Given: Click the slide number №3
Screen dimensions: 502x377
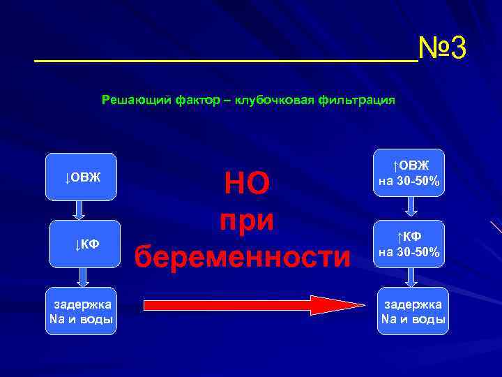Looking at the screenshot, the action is [x=442, y=50].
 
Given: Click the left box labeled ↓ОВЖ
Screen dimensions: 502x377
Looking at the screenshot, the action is [x=83, y=177].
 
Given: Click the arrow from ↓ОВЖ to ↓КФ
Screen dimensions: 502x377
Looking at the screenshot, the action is [x=79, y=210].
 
